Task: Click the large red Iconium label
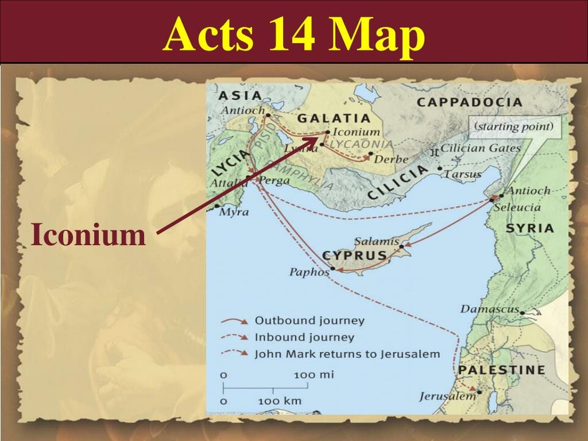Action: pos(88,235)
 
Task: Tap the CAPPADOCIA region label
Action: pos(469,103)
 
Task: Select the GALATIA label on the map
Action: pos(334,118)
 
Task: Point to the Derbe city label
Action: pos(391,159)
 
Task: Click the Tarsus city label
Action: pos(463,174)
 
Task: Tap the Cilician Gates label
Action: pos(480,148)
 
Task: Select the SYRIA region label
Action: pos(529,229)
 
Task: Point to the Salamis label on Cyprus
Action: pos(376,241)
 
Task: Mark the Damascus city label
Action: pos(489,309)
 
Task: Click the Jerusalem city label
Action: pos(447,396)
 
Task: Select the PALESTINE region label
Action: pos(501,370)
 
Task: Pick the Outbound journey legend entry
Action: pos(309,320)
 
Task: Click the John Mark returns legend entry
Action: pos(347,354)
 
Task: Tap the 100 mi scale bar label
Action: pos(314,374)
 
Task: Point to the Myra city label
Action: pos(234,212)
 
